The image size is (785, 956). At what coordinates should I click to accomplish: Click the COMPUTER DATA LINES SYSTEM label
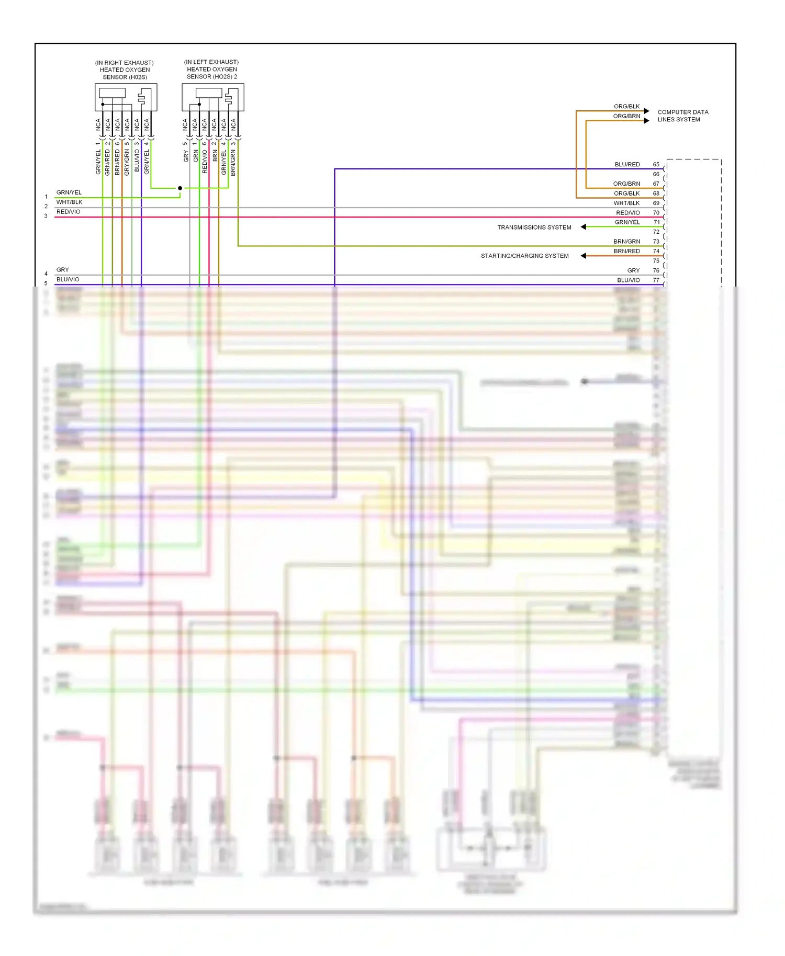[x=682, y=116]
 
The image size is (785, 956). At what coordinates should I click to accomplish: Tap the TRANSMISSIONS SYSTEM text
[x=534, y=227]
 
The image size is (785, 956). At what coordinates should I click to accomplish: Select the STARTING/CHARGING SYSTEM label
[x=524, y=256]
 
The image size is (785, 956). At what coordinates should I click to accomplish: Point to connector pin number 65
[x=656, y=165]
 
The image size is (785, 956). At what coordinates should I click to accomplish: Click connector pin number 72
[x=656, y=232]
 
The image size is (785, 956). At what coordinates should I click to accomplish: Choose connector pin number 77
[x=656, y=280]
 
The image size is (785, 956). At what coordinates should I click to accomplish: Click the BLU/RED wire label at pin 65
[x=627, y=165]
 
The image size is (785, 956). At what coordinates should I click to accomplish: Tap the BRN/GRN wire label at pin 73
[x=626, y=242]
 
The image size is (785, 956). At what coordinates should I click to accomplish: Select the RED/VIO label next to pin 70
[x=627, y=213]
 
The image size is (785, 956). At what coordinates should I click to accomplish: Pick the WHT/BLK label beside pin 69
[x=626, y=203]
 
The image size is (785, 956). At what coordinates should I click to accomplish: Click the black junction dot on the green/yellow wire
[x=180, y=188]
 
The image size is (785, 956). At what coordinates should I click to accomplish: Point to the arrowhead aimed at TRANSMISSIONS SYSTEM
[x=584, y=227]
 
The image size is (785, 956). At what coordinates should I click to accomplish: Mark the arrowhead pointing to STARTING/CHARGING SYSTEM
[x=584, y=256]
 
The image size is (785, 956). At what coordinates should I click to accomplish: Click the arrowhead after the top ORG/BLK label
[x=647, y=111]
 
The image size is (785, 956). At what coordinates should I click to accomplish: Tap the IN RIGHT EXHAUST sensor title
[x=125, y=70]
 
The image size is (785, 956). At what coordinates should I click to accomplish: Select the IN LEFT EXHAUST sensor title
[x=211, y=70]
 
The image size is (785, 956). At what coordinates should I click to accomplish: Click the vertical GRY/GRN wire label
[x=127, y=163]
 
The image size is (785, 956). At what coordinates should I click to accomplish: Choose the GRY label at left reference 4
[x=63, y=270]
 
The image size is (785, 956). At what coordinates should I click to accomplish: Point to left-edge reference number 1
[x=46, y=197]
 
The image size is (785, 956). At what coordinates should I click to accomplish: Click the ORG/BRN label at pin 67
[x=626, y=184]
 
